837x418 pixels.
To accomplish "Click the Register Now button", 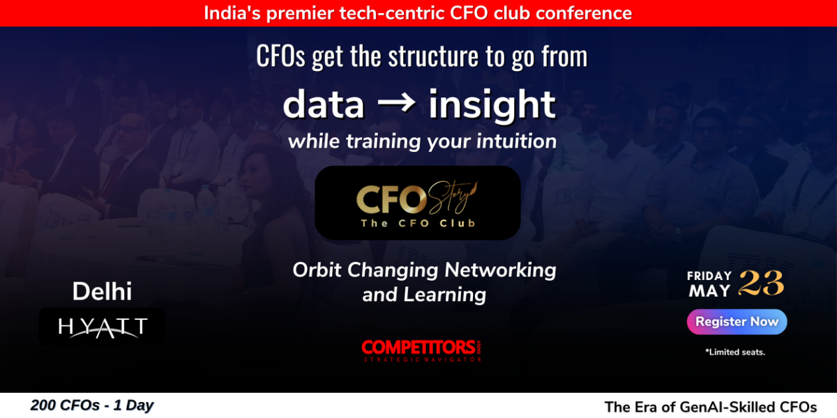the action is (737, 322).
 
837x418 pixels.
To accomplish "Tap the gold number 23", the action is (761, 283).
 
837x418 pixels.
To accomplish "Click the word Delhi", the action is (102, 291).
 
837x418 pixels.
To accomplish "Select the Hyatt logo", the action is (102, 327).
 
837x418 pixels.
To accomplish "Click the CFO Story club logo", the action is (418, 203).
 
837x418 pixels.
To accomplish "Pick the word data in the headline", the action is (323, 104).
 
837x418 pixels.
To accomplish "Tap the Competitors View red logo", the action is (421, 350).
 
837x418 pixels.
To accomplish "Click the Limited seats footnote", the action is (735, 352).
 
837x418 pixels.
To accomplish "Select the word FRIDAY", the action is (709, 276).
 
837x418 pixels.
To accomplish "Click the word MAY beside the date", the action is (709, 291).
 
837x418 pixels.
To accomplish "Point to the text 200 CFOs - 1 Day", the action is (92, 405).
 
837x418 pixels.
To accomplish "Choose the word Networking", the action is (500, 270).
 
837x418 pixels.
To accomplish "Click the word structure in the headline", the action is (433, 56).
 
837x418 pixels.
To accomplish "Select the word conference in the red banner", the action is (583, 13).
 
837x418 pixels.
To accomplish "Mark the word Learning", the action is (445, 295).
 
